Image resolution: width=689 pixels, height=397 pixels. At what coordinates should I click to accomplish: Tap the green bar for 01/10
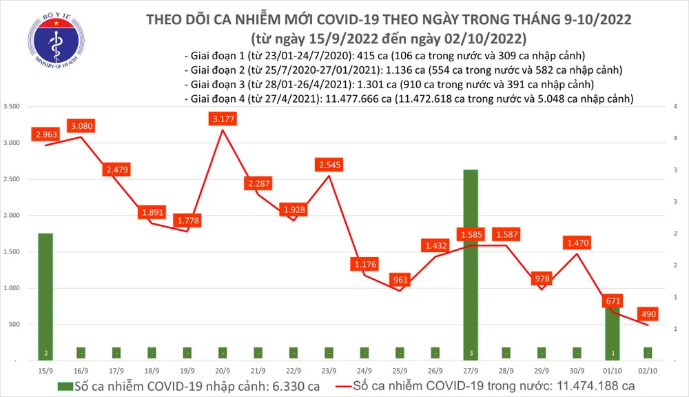pos(612,331)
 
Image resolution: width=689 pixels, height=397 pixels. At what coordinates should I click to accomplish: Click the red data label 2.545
pos(329,165)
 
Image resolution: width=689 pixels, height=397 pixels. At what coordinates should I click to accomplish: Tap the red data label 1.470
pos(577,243)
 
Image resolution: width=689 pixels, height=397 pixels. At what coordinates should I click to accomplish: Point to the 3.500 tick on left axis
pos(12,107)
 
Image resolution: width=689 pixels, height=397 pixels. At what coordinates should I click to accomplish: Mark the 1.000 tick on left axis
pos(12,289)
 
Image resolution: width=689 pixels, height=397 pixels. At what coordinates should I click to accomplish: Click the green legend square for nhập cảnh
pos(65,384)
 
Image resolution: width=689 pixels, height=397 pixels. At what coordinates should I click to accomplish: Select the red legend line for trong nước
pos(337,384)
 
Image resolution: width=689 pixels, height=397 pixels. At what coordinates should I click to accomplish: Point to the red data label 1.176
pos(364,264)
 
